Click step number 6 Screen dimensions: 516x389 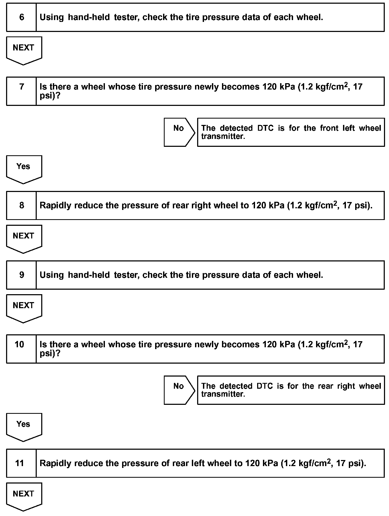(x=22, y=17)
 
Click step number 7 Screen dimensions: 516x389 (x=22, y=87)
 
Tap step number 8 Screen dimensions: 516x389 (x=22, y=205)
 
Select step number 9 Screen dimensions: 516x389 (x=22, y=275)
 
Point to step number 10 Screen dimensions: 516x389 (x=19, y=345)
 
